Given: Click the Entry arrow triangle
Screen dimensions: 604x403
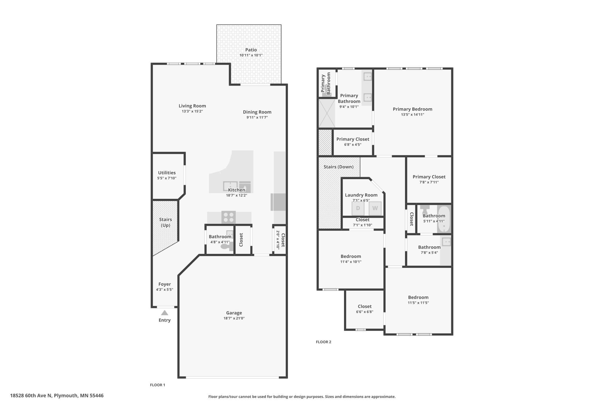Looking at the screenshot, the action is (165, 313).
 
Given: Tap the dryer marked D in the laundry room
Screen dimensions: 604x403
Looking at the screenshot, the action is (358, 208).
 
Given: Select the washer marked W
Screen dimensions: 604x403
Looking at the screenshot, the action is (375, 208).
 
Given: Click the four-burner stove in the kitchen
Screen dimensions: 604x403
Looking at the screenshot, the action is (229, 217).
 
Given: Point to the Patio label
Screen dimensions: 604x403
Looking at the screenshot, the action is (251, 50).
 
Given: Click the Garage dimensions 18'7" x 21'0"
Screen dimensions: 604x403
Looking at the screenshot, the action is (234, 318).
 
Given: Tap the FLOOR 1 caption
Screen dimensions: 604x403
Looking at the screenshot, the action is (157, 385).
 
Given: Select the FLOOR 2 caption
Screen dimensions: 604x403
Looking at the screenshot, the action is (323, 342).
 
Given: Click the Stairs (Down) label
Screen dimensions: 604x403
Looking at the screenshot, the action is (339, 167).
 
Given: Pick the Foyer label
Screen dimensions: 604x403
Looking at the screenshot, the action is (165, 284).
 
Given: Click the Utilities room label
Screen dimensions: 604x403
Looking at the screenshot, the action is (167, 172).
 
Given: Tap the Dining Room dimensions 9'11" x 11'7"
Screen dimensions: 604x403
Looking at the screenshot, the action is (257, 117).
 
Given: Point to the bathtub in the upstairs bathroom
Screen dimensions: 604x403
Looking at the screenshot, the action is (444, 219).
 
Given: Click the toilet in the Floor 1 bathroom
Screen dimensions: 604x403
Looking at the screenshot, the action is (227, 246).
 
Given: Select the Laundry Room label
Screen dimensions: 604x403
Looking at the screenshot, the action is (361, 195).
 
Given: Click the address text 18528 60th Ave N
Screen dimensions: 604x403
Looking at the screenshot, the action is (31, 395).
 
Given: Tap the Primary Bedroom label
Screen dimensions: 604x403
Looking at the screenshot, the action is (412, 109).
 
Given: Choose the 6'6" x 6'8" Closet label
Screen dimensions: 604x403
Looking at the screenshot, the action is (365, 306).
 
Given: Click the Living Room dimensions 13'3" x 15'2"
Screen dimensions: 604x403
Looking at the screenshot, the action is (192, 111).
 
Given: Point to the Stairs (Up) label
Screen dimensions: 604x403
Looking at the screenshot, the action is (166, 222).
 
